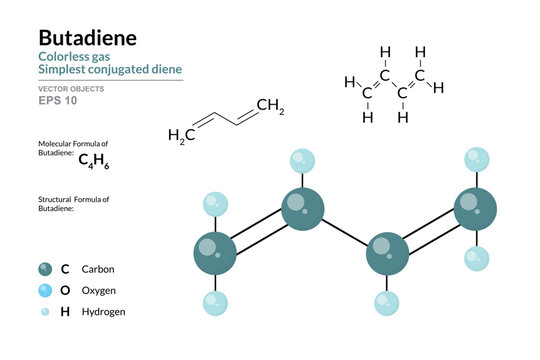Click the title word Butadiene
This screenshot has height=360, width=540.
pyautogui.click(x=88, y=39)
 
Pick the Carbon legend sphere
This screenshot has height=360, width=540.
pyautogui.click(x=46, y=269)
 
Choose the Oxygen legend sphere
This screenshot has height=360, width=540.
pyautogui.click(x=46, y=290)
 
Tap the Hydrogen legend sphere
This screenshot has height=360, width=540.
pyautogui.click(x=46, y=312)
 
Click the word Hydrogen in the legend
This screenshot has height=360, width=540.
pyautogui.click(x=104, y=312)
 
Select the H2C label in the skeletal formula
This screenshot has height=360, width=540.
pyautogui.click(x=180, y=134)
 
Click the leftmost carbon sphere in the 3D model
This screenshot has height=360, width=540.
pyautogui.click(x=214, y=250)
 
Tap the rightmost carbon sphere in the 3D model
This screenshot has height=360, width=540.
pyautogui.click(x=474, y=208)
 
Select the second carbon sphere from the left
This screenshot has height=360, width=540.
pyautogui.click(x=301, y=208)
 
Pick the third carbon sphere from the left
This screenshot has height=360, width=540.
pyautogui.click(x=387, y=251)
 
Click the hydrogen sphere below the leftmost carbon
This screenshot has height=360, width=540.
pyautogui.click(x=214, y=301)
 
